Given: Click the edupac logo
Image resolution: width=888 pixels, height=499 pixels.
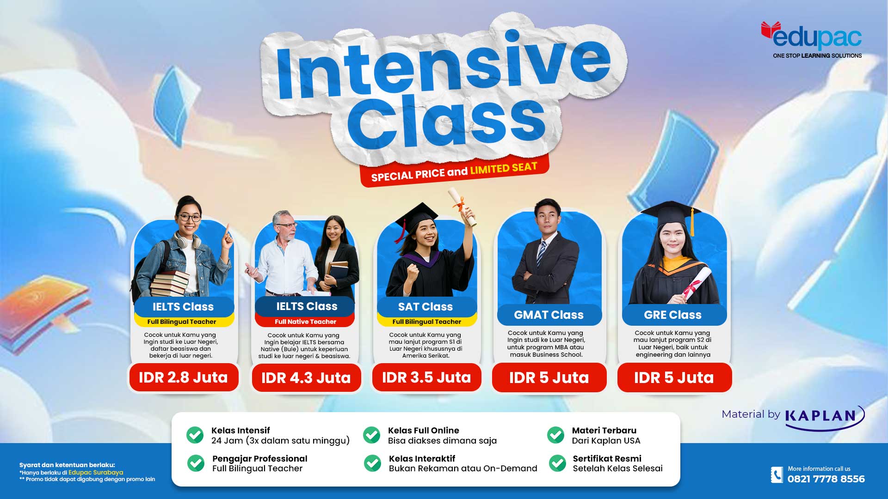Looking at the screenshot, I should pyautogui.click(x=812, y=37).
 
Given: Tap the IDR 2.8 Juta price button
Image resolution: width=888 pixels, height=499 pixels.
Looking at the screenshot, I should pyautogui.click(x=184, y=377).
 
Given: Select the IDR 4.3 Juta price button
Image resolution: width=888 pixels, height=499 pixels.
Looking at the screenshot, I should pyautogui.click(x=306, y=378).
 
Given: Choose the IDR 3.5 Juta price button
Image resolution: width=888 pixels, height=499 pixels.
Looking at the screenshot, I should pyautogui.click(x=426, y=377).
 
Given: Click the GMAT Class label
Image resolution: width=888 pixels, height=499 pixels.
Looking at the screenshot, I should pyautogui.click(x=549, y=315).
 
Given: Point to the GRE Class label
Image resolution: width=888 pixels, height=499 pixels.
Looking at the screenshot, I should pyautogui.click(x=673, y=315).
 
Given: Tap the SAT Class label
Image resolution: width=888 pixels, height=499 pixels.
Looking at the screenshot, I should pyautogui.click(x=425, y=307).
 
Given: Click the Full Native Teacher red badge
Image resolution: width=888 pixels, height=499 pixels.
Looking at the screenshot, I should pyautogui.click(x=305, y=322).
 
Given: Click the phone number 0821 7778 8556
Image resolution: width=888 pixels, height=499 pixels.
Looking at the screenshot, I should pyautogui.click(x=826, y=479).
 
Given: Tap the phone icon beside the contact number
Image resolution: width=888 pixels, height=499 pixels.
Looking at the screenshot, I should pyautogui.click(x=777, y=475).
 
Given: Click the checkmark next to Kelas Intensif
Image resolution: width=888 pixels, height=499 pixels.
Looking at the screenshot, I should pyautogui.click(x=195, y=435).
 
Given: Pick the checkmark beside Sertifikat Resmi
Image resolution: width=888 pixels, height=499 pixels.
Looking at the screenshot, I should pyautogui.click(x=557, y=463).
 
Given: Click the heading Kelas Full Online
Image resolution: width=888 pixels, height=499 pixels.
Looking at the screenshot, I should pyautogui.click(x=424, y=430).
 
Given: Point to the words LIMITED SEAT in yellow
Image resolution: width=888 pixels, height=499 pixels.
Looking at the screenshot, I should pyautogui.click(x=504, y=168).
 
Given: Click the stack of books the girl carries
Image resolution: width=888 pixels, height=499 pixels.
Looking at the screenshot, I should pyautogui.click(x=170, y=283).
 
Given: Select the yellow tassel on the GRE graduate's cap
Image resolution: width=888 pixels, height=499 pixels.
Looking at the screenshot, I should pyautogui.click(x=692, y=223).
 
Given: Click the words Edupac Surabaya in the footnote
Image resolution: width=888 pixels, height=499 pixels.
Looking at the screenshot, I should pyautogui.click(x=96, y=472).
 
